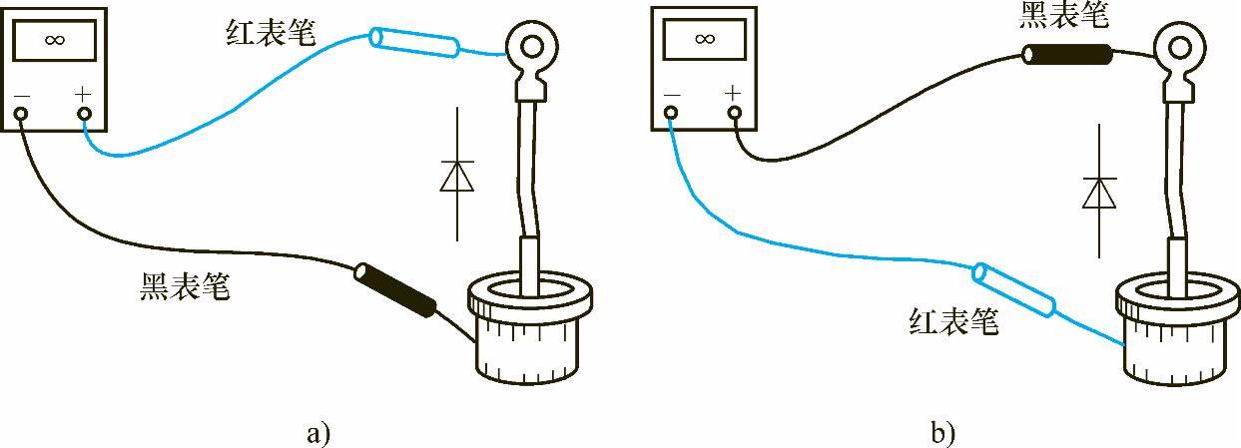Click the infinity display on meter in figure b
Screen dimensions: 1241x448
704,39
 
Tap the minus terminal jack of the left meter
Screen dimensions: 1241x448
21,114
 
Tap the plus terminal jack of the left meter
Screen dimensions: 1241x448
84,114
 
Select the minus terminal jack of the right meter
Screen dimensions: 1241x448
671,112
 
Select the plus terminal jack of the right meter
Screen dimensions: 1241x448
734,112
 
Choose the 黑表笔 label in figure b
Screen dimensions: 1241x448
1063,14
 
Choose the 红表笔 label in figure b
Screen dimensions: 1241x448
953,321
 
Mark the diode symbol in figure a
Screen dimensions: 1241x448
457,176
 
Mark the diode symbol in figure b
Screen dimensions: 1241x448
1099,192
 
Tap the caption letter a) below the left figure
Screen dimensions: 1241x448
316,433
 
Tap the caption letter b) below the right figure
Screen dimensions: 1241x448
941,433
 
